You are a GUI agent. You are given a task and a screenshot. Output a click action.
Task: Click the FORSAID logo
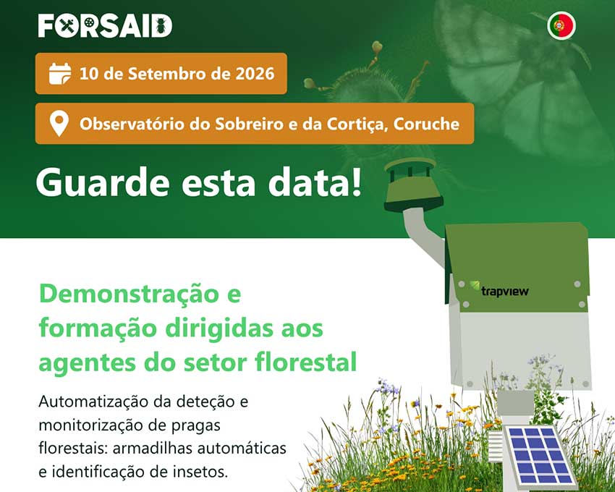pyautogui.click(x=105, y=26)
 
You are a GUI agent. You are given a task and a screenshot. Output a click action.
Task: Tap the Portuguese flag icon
pyautogui.click(x=561, y=25)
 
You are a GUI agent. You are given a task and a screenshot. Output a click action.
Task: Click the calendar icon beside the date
pyautogui.click(x=60, y=73)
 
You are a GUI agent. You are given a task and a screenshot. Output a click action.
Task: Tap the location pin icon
pyautogui.click(x=59, y=124)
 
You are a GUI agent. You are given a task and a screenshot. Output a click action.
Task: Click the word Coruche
pyautogui.click(x=426, y=124)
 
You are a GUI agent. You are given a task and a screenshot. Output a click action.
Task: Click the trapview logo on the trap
pyautogui.click(x=499, y=289)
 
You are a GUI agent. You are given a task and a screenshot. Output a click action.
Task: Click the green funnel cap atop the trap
pyautogui.click(x=412, y=185)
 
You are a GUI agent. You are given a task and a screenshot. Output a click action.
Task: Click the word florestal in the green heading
pyautogui.click(x=305, y=362)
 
